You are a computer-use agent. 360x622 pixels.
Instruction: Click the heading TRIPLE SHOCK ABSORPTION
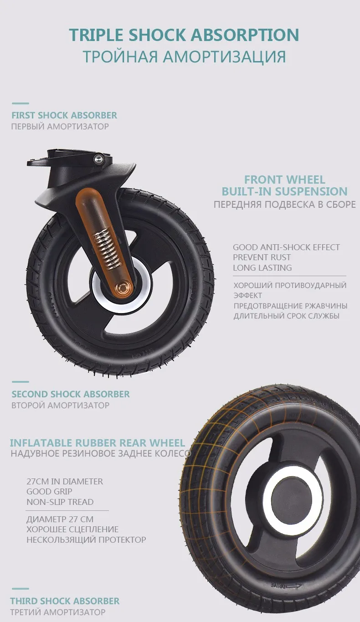coord(184,35)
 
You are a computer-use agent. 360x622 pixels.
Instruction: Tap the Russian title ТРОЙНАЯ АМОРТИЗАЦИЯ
coord(185,57)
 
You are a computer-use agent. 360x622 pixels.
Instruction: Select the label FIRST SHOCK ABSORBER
coord(64,115)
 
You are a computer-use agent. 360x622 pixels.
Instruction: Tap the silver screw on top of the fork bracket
coord(98,159)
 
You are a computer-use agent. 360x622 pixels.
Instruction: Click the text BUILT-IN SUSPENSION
coord(285,191)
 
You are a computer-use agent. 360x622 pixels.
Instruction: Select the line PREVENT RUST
coord(262,257)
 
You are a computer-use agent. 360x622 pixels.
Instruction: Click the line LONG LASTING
coord(262,267)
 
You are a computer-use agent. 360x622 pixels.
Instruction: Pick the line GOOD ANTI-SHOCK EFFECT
coord(286,247)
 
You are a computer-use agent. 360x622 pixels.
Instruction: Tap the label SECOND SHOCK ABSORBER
coord(71,394)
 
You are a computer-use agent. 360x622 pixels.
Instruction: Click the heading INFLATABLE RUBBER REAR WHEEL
coord(98,443)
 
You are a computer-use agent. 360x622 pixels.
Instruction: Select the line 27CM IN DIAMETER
coord(65,481)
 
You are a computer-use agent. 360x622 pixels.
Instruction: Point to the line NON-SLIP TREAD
coord(60,502)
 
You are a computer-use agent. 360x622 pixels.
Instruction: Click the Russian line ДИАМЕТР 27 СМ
coord(60,519)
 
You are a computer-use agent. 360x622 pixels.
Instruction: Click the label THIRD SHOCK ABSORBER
coord(65,601)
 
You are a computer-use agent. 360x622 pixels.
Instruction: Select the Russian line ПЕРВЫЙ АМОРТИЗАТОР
coord(60,127)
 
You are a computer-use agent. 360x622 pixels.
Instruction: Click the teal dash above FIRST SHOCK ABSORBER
coord(20,103)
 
